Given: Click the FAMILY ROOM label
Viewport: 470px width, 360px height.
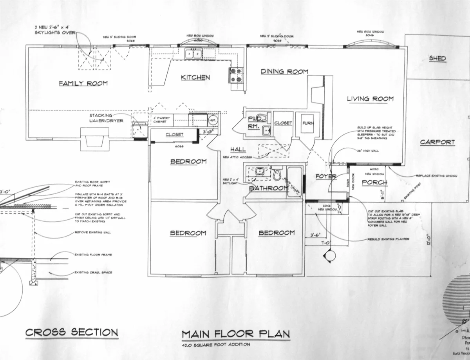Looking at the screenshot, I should (83, 83).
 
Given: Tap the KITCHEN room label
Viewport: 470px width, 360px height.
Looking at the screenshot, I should (195, 77).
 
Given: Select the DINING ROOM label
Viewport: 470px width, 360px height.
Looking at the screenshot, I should (284, 71).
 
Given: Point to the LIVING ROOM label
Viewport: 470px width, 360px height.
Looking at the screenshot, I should (370, 99).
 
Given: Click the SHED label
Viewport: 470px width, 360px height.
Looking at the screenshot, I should (437, 58).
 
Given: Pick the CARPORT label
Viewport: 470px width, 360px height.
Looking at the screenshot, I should (437, 142).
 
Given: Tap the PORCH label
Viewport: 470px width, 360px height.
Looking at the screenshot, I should (374, 183).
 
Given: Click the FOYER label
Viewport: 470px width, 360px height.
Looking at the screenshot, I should (326, 176).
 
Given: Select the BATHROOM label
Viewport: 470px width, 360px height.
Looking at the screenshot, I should (269, 188).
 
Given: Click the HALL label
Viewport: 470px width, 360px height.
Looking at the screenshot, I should (238, 149).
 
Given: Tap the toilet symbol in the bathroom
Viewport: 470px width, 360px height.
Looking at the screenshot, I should (277, 173).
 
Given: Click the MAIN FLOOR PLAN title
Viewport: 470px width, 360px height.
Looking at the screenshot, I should (236, 335).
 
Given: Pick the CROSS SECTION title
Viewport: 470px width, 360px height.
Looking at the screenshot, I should (71, 333).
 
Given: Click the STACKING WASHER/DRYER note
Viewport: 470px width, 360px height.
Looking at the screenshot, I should (106, 118).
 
